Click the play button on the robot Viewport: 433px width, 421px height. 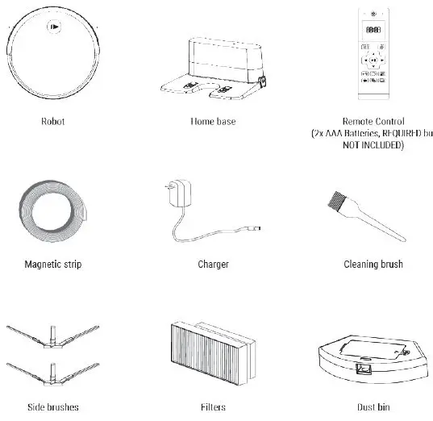click(x=52, y=27)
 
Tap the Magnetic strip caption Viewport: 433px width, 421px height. click(x=52, y=264)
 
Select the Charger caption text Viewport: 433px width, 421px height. click(x=213, y=264)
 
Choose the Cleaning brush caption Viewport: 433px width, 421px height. click(x=373, y=264)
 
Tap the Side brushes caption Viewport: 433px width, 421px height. click(x=52, y=408)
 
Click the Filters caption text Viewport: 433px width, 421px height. click(x=213, y=408)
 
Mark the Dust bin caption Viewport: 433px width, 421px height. click(x=373, y=408)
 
